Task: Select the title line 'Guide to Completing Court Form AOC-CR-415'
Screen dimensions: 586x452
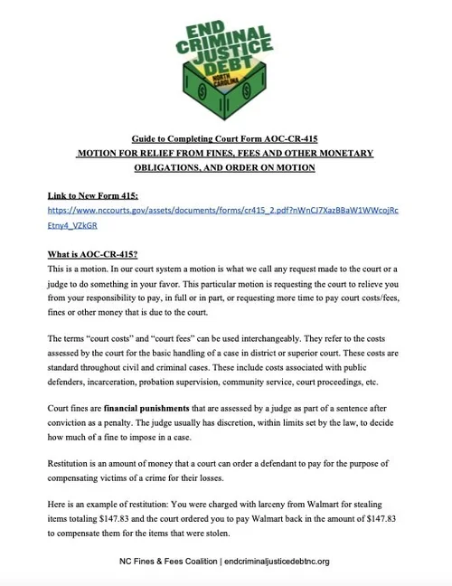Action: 226,140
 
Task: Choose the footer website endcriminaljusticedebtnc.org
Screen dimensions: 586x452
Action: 276,562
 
